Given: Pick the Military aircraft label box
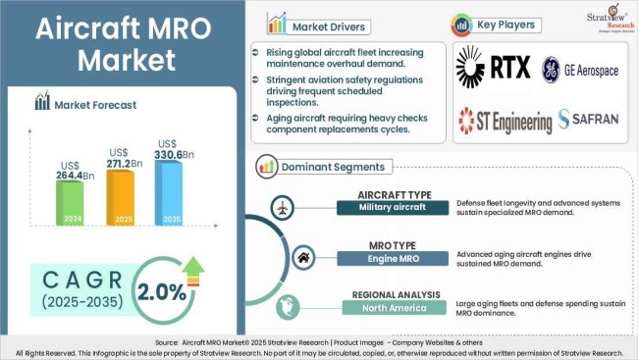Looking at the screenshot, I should pyautogui.click(x=391, y=207).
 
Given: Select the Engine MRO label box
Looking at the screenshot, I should pyautogui.click(x=391, y=258).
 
